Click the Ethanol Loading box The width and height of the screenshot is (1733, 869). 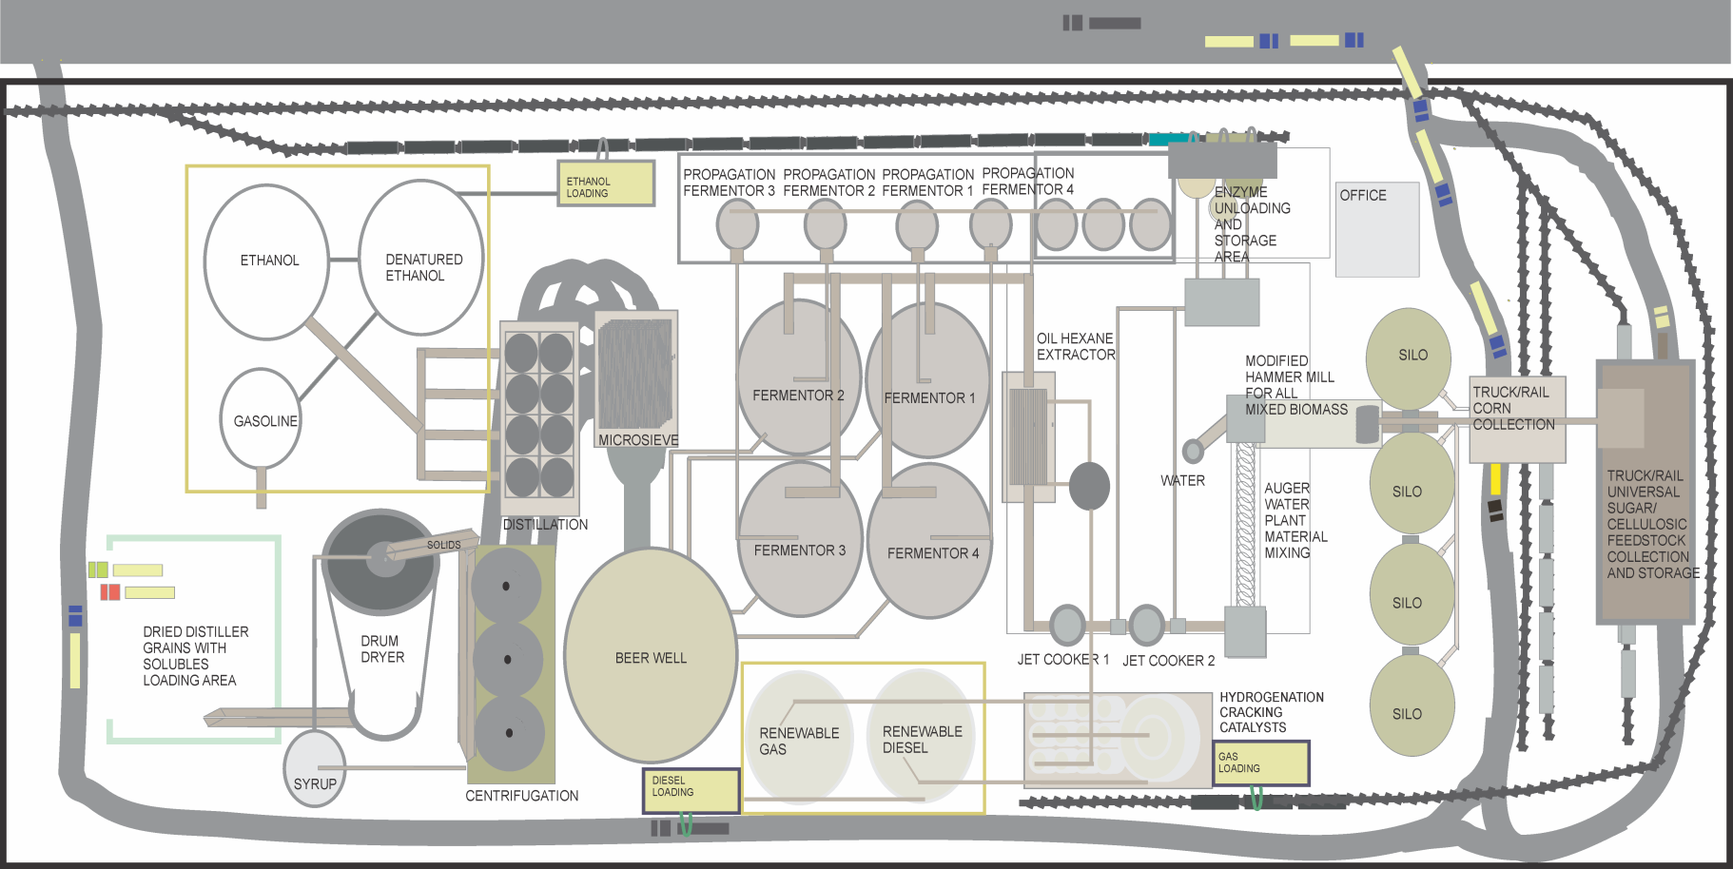pyautogui.click(x=606, y=183)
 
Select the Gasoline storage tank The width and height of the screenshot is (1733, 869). pyautogui.click(x=261, y=419)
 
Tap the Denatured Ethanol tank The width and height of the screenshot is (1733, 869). pyautogui.click(x=421, y=259)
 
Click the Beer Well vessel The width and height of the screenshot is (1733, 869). pyautogui.click(x=651, y=656)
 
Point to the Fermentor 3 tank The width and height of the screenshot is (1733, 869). pyautogui.click(x=800, y=542)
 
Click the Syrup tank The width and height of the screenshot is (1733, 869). pyautogui.click(x=315, y=768)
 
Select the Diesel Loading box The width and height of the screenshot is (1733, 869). pyautogui.click(x=691, y=790)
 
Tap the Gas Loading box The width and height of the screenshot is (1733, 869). pyautogui.click(x=1261, y=763)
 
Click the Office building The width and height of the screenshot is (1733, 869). pyautogui.click(x=1377, y=229)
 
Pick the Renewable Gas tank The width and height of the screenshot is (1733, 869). pyautogui.click(x=799, y=738)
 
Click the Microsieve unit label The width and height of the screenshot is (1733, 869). pyautogui.click(x=638, y=440)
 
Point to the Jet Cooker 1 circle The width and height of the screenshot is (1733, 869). pyautogui.click(x=1067, y=625)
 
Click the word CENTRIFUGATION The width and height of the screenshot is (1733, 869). pyautogui.click(x=521, y=796)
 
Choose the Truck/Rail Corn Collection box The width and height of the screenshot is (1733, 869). pyautogui.click(x=1517, y=419)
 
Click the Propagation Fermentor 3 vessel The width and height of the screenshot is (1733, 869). pyautogui.click(x=737, y=226)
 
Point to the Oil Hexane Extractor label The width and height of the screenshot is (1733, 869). pyautogui.click(x=1075, y=346)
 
